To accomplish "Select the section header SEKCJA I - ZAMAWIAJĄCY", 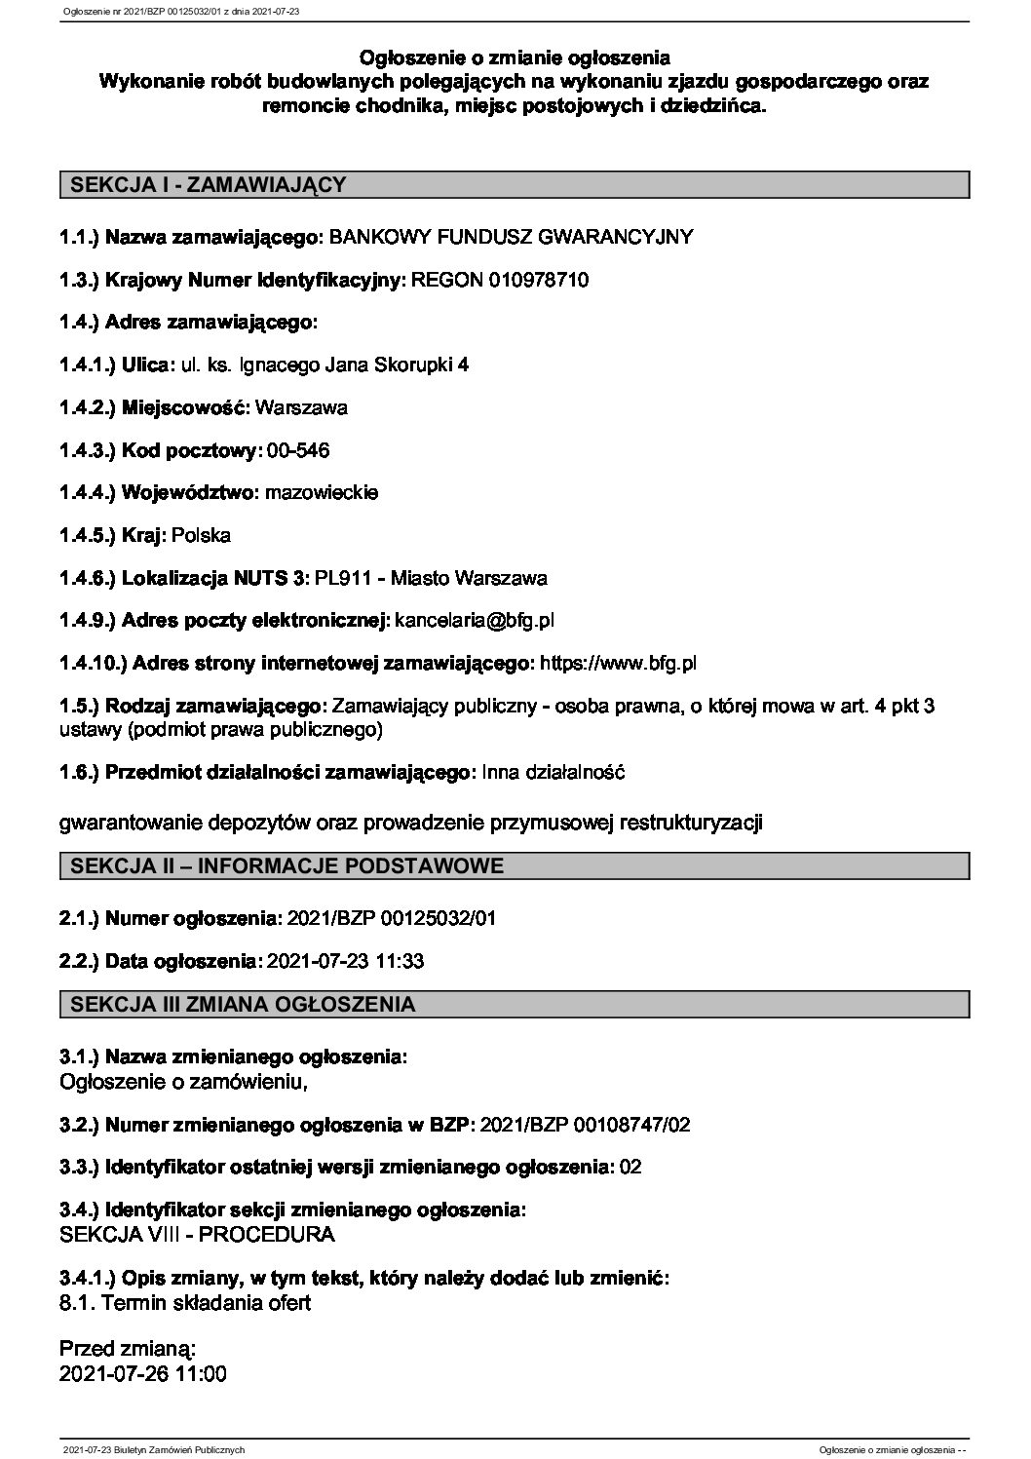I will point(204,184).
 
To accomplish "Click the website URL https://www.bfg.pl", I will point(618,664).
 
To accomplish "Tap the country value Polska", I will point(201,535).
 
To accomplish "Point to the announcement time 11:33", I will point(400,961).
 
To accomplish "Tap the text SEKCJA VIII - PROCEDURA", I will point(197,1234).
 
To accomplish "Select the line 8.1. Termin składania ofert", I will point(185,1302).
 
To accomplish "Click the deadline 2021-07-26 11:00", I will point(143,1374).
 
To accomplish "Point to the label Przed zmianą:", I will point(128,1350).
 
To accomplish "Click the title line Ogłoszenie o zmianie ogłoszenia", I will point(515,58).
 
